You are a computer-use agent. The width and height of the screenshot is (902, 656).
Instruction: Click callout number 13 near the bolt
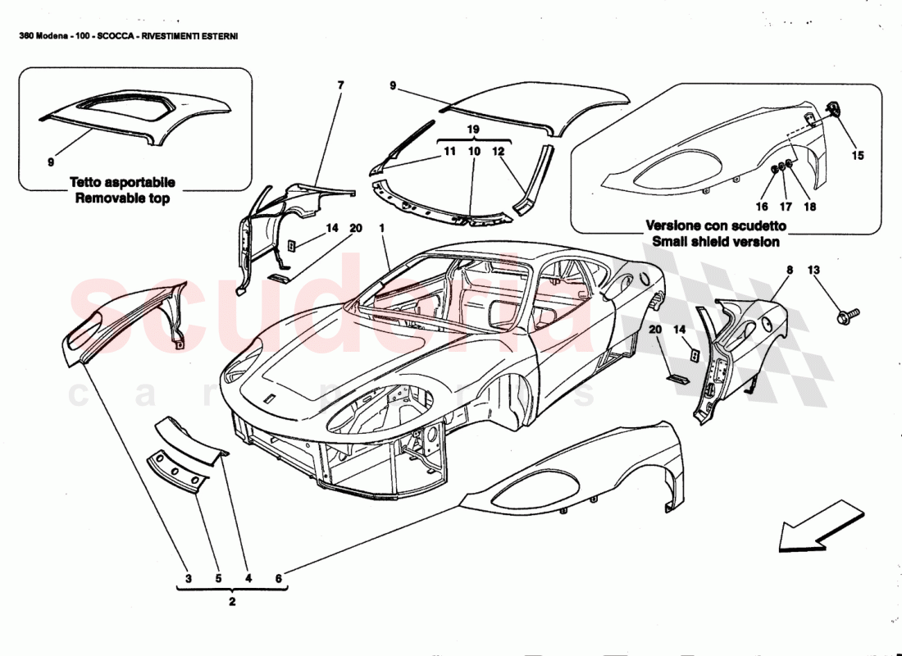pyautogui.click(x=813, y=270)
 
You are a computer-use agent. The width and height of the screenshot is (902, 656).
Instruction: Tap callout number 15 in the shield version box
pyautogui.click(x=858, y=153)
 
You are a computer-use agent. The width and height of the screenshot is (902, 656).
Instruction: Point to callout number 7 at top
pyautogui.click(x=341, y=85)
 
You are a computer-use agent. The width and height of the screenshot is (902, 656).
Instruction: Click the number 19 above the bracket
pyautogui.click(x=473, y=130)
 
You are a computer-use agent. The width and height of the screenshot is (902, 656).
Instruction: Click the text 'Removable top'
pyautogui.click(x=122, y=198)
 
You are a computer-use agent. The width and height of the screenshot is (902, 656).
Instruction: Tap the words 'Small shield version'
pyautogui.click(x=716, y=241)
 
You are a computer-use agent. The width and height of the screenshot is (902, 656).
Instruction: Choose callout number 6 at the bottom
pyautogui.click(x=278, y=579)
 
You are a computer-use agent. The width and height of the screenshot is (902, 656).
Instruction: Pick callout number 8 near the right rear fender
pyautogui.click(x=790, y=270)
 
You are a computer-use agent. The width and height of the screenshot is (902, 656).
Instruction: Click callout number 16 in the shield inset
pyautogui.click(x=763, y=207)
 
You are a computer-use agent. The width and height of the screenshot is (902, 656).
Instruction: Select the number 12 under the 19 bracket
pyautogui.click(x=498, y=152)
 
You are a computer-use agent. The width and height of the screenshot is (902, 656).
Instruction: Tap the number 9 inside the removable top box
pyautogui.click(x=51, y=162)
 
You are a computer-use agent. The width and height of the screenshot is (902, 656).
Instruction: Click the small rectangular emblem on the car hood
pyautogui.click(x=269, y=399)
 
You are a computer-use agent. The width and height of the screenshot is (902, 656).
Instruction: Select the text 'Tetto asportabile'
pyautogui.click(x=122, y=183)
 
